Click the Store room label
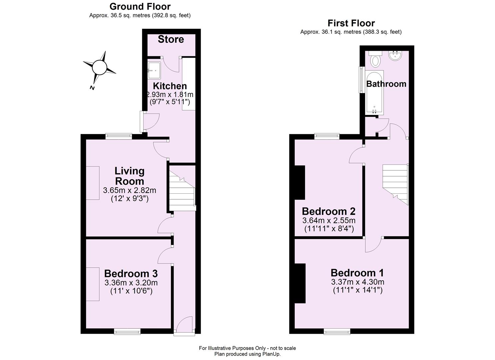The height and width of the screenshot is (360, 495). (171, 39)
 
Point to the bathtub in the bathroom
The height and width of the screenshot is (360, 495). (375, 92)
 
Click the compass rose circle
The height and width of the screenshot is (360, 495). (99, 67)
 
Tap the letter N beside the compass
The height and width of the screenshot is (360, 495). (92, 88)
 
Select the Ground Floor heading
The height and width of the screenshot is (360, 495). (140, 6)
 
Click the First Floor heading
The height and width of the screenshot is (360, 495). (351, 23)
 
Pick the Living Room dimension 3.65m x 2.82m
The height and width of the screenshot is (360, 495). (129, 191)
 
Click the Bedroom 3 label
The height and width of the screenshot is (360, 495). (131, 274)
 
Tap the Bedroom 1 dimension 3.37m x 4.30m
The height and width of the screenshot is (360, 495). (357, 282)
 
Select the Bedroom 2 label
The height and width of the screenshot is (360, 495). (328, 211)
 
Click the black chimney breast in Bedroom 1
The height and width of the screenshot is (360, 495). (300, 283)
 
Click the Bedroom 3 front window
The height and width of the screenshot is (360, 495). (127, 331)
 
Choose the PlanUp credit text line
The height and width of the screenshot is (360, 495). (247, 354)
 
